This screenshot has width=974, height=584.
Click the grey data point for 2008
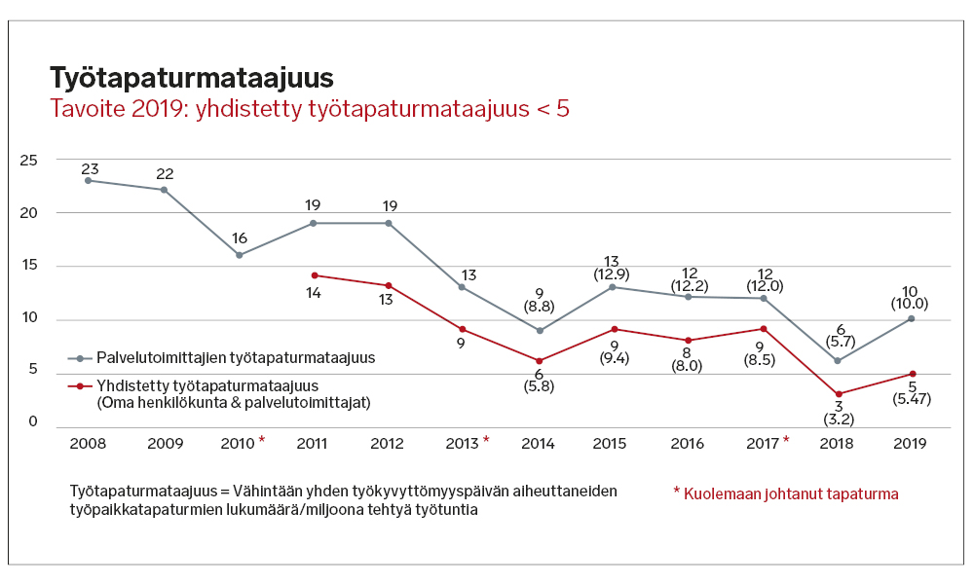tap(88, 180)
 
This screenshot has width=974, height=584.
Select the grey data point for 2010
tap(239, 255)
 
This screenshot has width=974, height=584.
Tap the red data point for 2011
tap(313, 275)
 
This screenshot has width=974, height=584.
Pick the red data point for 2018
tap(838, 394)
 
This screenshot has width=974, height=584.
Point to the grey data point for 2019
tap(911, 318)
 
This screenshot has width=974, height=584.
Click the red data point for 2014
tap(539, 361)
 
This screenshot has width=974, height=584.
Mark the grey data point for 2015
tap(613, 287)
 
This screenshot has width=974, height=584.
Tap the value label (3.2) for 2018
tap(838, 421)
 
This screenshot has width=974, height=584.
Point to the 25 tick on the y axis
tap(29, 160)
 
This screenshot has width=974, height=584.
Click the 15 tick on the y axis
tap(29, 266)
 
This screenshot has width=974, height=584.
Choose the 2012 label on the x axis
tap(388, 443)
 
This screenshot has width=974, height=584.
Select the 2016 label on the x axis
tap(688, 443)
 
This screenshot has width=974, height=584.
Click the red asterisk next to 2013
tap(486, 441)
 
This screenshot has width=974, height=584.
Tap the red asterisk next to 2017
tap(787, 441)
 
